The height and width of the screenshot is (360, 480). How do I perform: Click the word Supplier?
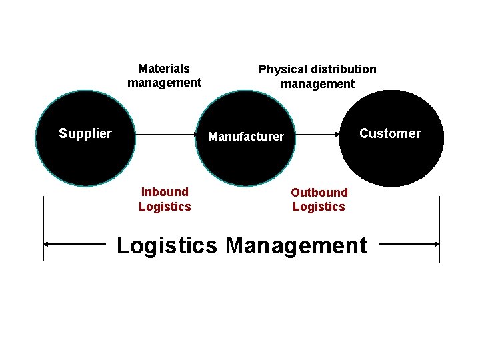[85, 133]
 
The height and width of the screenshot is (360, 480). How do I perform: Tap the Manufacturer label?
[246, 137]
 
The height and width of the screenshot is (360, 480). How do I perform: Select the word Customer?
[390, 133]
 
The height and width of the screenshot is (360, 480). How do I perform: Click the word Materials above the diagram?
[164, 69]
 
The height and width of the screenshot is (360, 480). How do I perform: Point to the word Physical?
[281, 69]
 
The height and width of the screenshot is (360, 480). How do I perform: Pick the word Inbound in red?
[165, 192]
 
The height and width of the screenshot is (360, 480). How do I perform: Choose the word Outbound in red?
[319, 193]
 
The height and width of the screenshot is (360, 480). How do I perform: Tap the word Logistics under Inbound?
[165, 207]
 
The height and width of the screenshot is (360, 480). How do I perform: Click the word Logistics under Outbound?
[319, 207]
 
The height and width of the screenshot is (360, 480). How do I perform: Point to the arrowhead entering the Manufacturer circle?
[196, 135]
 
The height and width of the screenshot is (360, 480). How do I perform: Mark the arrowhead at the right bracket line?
[436, 245]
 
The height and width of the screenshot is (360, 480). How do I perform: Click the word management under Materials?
[164, 83]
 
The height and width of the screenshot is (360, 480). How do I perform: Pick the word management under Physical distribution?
[317, 84]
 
